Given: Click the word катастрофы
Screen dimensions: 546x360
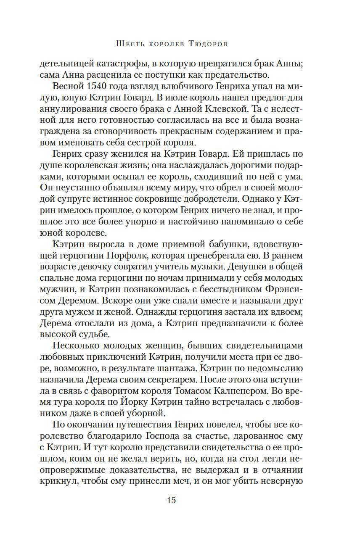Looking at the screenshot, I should [110, 65].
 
